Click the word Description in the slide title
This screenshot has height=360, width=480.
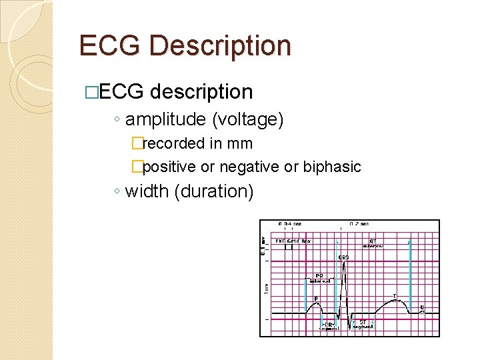(221, 46)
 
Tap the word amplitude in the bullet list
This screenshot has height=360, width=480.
(166, 120)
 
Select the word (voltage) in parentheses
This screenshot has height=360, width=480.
(248, 120)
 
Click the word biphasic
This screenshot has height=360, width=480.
(332, 167)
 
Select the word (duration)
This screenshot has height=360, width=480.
(214, 191)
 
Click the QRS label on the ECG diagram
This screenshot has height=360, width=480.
(343, 257)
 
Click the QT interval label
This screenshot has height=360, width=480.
(373, 243)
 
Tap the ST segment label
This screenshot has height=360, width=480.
(362, 324)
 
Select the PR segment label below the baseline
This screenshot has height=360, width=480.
(329, 326)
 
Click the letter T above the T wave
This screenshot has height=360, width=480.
(394, 295)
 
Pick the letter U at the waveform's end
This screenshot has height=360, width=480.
(422, 307)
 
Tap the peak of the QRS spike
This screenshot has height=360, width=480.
(343, 263)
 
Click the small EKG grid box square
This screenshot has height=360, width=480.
(288, 247)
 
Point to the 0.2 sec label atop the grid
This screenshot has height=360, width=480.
(359, 224)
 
